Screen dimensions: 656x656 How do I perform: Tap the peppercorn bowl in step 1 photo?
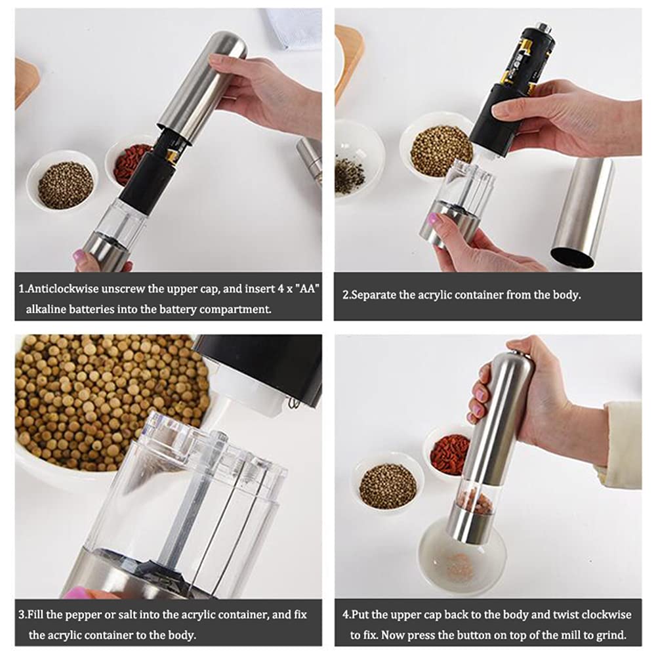tap(65, 184)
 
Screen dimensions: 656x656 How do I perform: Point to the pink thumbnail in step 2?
tap(433, 219)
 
